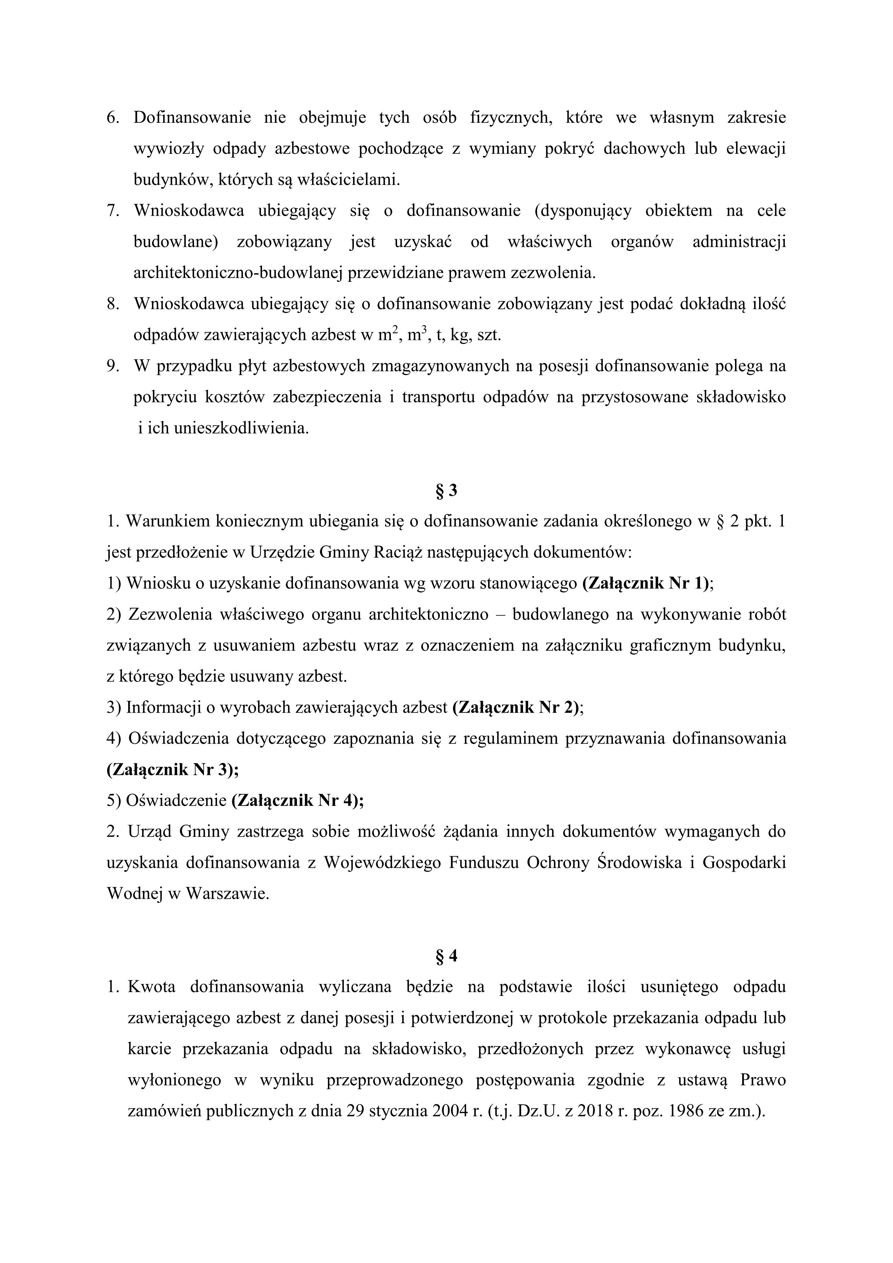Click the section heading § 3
pyautogui.click(x=446, y=491)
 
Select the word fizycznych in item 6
pyautogui.click(x=511, y=118)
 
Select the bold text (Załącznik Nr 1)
pyautogui.click(x=646, y=584)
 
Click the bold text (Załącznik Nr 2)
pyautogui.click(x=516, y=708)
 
